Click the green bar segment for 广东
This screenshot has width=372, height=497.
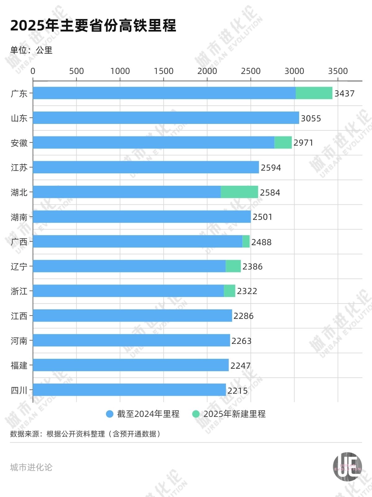point(314,93)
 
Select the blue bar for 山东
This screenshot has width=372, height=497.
point(166,118)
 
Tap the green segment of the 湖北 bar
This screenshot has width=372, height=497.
point(239,192)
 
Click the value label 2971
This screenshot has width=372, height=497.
point(303,143)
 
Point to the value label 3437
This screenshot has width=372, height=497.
point(344,93)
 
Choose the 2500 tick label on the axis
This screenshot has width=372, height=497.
point(250,71)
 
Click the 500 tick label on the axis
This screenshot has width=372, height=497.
point(76,71)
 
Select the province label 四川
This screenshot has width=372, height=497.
point(19,390)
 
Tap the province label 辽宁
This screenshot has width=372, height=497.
point(19,267)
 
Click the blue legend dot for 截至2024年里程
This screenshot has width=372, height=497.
point(109,414)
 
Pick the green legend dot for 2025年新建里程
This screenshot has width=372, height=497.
point(196,414)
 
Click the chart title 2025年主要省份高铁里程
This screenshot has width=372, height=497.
point(93,25)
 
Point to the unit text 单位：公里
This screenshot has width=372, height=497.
point(31,50)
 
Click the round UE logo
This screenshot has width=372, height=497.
point(348,467)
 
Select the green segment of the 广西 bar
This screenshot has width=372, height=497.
point(246,241)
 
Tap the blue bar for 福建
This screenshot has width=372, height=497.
point(131,365)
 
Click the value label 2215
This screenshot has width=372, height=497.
point(237,390)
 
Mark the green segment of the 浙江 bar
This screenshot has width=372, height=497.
point(229,291)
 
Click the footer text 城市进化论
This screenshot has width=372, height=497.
point(31,467)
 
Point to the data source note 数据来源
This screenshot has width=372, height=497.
point(85,434)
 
